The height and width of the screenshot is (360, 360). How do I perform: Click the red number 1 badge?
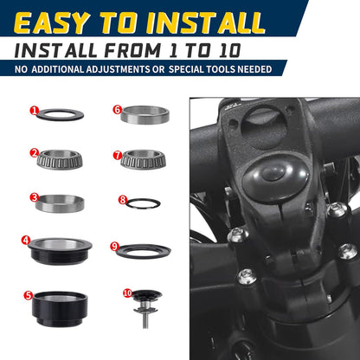coord(34,110)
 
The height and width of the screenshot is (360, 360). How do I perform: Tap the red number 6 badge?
coord(117,110)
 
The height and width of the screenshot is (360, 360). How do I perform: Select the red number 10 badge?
coord(127,293)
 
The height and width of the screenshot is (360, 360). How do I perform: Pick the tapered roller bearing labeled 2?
coord(60,159)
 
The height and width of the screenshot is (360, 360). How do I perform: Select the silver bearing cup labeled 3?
coord(60,203)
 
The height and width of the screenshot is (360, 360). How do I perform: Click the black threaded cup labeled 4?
coord(60,251)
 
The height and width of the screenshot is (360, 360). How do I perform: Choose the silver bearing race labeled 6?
coord(145,115)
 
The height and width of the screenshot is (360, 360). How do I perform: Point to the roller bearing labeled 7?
coord(143,159)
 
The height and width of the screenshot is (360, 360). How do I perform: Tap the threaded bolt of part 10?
coord(145,320)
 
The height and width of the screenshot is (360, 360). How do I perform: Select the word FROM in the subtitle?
coord(132,50)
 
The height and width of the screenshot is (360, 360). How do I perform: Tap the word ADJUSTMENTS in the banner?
coord(118,69)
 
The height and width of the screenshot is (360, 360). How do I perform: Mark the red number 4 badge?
coord(26,240)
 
